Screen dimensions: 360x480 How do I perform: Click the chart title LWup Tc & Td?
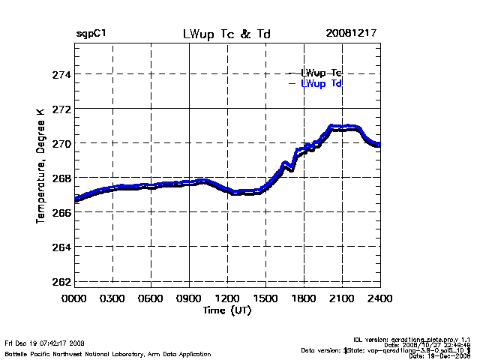click(x=226, y=34)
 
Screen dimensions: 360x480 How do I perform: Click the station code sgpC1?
click(x=91, y=34)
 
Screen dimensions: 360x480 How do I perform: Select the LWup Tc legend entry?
click(x=321, y=73)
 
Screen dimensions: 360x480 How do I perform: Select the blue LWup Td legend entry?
click(x=321, y=83)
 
